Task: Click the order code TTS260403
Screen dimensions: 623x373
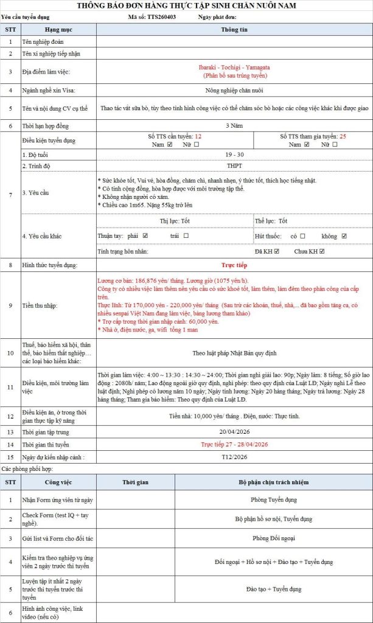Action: click(x=162, y=17)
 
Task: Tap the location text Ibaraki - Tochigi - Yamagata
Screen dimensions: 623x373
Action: click(x=234, y=67)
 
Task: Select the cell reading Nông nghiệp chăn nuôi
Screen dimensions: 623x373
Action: click(x=234, y=90)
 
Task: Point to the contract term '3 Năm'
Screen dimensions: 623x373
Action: click(x=234, y=125)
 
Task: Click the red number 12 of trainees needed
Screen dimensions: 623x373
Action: click(x=198, y=137)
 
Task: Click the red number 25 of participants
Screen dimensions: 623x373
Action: click(x=343, y=137)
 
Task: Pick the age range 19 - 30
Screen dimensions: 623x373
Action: click(x=234, y=156)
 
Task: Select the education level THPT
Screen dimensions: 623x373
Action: click(x=234, y=165)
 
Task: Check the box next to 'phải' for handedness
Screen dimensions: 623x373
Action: click(x=145, y=235)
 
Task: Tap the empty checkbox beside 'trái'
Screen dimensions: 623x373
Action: click(x=186, y=235)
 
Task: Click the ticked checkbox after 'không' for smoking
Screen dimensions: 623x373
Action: click(x=344, y=235)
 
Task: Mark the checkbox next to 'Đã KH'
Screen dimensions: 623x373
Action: click(x=277, y=251)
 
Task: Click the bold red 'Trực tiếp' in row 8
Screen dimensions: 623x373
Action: click(x=234, y=265)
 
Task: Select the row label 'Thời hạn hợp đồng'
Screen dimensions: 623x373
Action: click(x=51, y=125)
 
